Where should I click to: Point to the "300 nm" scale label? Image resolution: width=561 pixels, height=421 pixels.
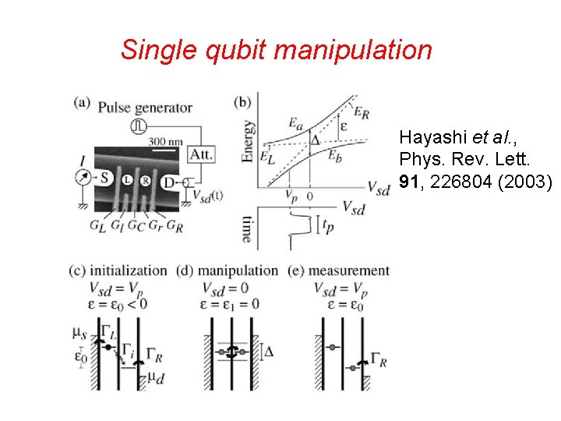tap(166, 141)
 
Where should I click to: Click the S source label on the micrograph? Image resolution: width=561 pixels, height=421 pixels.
tap(104, 178)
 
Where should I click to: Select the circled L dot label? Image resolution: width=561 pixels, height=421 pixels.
tap(127, 180)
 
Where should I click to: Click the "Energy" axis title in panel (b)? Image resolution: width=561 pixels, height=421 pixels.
tap(248, 140)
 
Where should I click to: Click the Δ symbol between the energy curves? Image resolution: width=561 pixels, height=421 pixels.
tap(315, 140)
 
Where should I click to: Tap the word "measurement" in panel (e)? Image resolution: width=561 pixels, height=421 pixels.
tap(350, 271)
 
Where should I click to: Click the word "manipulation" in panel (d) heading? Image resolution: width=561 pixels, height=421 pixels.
tap(238, 271)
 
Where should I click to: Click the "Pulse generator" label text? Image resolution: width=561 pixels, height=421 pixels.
tap(145, 108)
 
